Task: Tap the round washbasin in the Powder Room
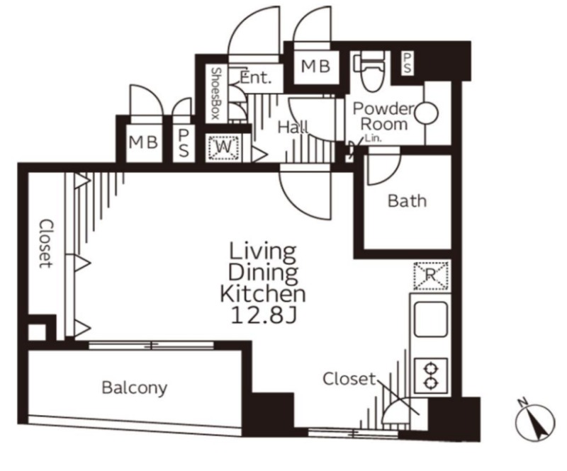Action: [x=427, y=113]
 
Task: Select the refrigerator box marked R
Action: [x=431, y=276]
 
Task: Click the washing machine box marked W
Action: [x=224, y=148]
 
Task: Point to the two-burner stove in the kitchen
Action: [x=431, y=375]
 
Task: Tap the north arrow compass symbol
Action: [x=535, y=422]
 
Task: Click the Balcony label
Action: [x=135, y=387]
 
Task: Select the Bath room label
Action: [x=407, y=201]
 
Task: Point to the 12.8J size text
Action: [x=264, y=315]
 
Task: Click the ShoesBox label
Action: [x=216, y=93]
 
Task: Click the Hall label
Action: [x=293, y=127]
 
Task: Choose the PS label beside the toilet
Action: [x=407, y=63]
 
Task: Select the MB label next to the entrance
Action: [x=316, y=66]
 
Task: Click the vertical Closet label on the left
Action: [x=46, y=243]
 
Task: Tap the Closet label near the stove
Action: [x=349, y=379]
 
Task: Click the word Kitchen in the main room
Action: [x=263, y=293]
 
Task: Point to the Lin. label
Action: [x=374, y=138]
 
